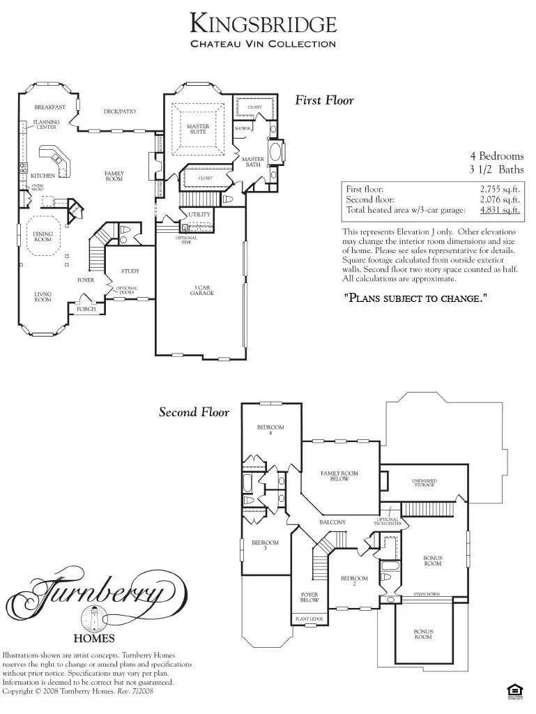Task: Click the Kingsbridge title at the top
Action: (263, 24)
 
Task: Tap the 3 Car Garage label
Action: (204, 290)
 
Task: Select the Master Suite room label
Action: (198, 129)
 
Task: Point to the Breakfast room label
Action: (49, 107)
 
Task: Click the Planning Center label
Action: (47, 124)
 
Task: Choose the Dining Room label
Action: (43, 237)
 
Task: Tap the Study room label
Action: (130, 271)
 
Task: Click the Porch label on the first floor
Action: (86, 309)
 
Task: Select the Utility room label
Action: (199, 215)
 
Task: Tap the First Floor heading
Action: (324, 100)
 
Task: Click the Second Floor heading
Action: (194, 412)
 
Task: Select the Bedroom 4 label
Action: (270, 430)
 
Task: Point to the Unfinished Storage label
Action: (424, 483)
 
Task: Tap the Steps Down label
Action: (427, 594)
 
